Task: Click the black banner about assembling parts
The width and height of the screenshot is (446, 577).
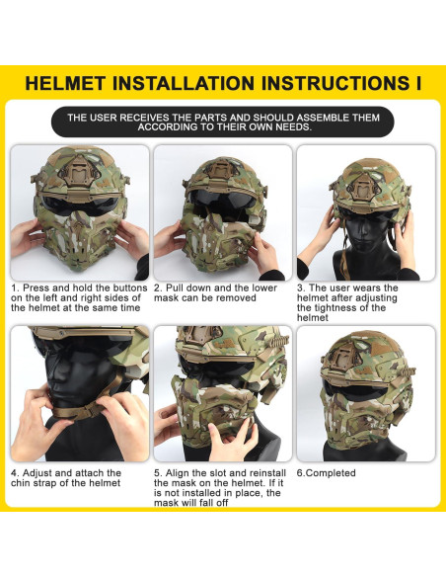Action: tap(223, 122)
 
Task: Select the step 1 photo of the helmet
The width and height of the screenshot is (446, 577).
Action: tap(79, 211)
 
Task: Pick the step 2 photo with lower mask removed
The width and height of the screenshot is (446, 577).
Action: tap(222, 211)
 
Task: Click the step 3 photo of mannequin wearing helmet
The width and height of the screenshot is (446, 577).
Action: tap(365, 211)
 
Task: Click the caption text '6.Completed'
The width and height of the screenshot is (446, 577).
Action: tap(327, 473)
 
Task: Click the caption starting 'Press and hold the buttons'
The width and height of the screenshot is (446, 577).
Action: tap(79, 297)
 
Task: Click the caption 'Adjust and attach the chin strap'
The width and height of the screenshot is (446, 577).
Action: tap(66, 478)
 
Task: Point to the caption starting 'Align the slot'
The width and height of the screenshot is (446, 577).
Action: tap(219, 488)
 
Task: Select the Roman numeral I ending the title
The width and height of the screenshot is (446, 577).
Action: tap(417, 82)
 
